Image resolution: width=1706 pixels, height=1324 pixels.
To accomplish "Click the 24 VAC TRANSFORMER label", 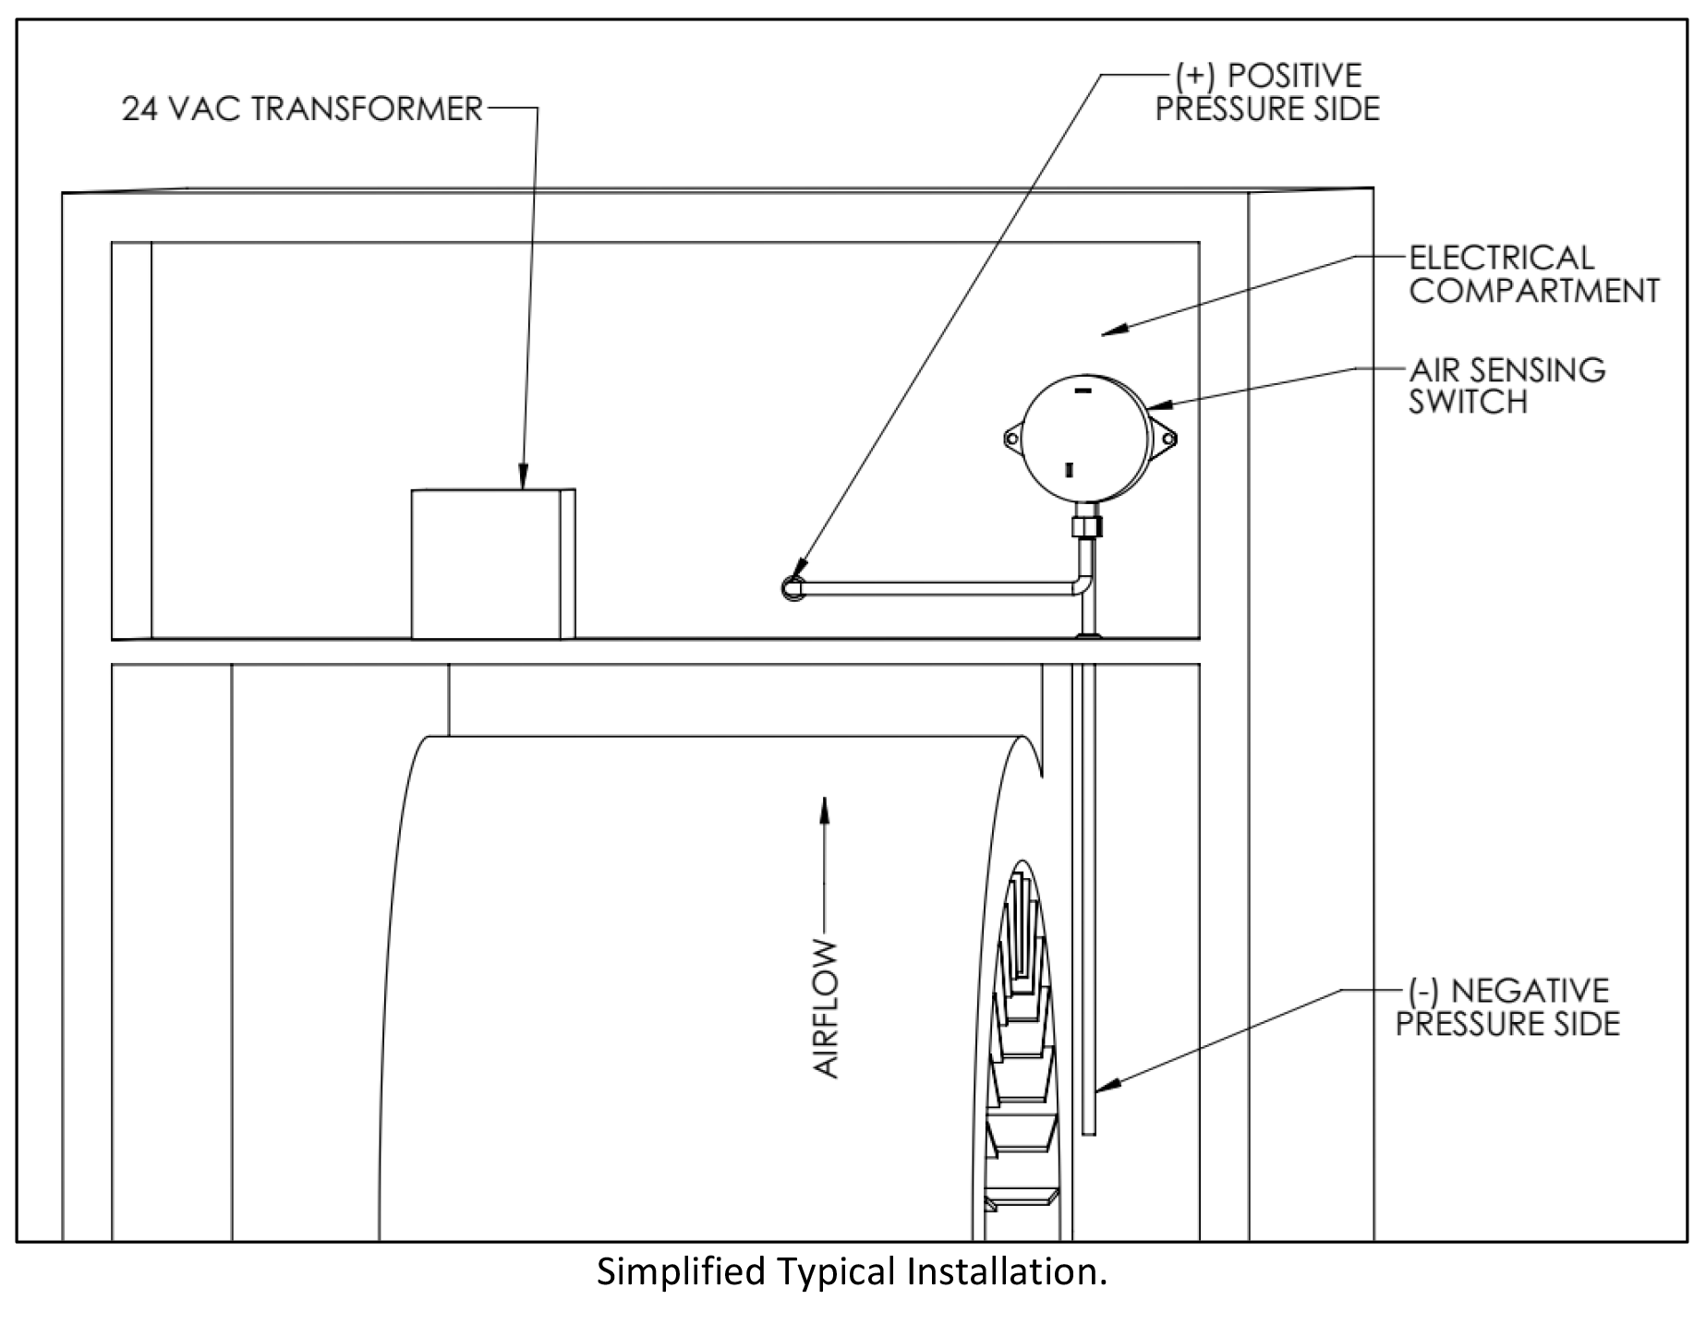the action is pyautogui.click(x=302, y=109).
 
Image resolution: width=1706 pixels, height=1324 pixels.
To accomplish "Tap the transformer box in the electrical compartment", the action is pyautogui.click(x=493, y=563).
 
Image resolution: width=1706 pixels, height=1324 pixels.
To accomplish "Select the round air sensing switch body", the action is pyautogui.click(x=1086, y=438).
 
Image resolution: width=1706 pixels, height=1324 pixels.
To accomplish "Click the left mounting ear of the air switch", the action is pyautogui.click(x=1013, y=438).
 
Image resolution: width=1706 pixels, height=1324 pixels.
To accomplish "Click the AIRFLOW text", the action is pyautogui.click(x=826, y=1008).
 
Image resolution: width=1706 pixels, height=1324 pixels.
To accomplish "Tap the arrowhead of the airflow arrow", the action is pyautogui.click(x=825, y=809).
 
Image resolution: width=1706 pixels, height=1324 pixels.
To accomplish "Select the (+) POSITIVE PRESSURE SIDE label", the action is pyautogui.click(x=1267, y=92).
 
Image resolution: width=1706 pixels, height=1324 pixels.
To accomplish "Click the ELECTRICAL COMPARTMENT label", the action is pyautogui.click(x=1533, y=274).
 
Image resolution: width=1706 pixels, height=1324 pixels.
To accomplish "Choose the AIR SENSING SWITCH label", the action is pyautogui.click(x=1506, y=386).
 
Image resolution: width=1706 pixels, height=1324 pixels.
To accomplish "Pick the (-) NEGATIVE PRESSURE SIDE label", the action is pyautogui.click(x=1507, y=1007).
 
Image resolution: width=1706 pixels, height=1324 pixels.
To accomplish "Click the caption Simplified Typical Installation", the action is pyautogui.click(x=852, y=1272).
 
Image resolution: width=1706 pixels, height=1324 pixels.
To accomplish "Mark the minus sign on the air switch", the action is pyautogui.click(x=1083, y=391).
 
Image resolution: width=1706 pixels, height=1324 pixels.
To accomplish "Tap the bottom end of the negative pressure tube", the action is pyautogui.click(x=1088, y=1134).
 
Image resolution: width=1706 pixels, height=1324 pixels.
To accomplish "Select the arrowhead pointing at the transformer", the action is pyautogui.click(x=522, y=476).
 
